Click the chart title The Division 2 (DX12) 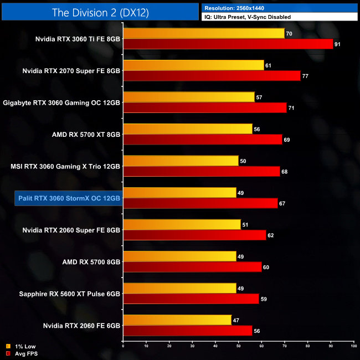100,12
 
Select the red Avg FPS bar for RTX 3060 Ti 228,44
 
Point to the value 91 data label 338,44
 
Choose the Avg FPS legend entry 22,353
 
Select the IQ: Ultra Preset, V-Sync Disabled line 247,17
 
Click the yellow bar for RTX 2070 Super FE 193,65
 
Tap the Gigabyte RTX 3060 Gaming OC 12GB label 61,102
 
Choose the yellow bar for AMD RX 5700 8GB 179,256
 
